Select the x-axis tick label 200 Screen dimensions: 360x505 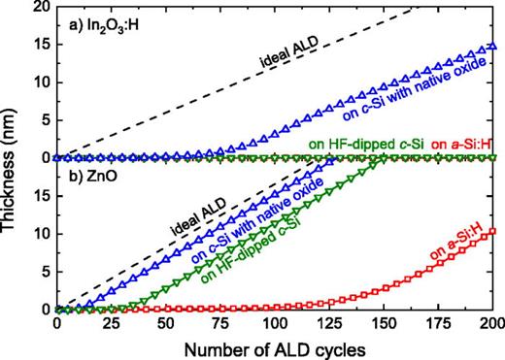point(491,324)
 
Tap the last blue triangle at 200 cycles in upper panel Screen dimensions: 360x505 point(493,46)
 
